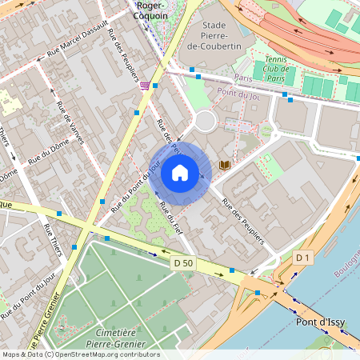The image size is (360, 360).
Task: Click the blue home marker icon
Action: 180,172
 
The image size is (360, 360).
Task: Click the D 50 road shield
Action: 183,263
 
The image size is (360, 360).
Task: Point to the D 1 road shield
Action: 302,258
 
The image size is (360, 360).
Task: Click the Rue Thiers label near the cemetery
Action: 53,240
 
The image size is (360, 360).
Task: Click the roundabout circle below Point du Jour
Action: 206,122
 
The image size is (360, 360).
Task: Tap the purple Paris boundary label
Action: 244,78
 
